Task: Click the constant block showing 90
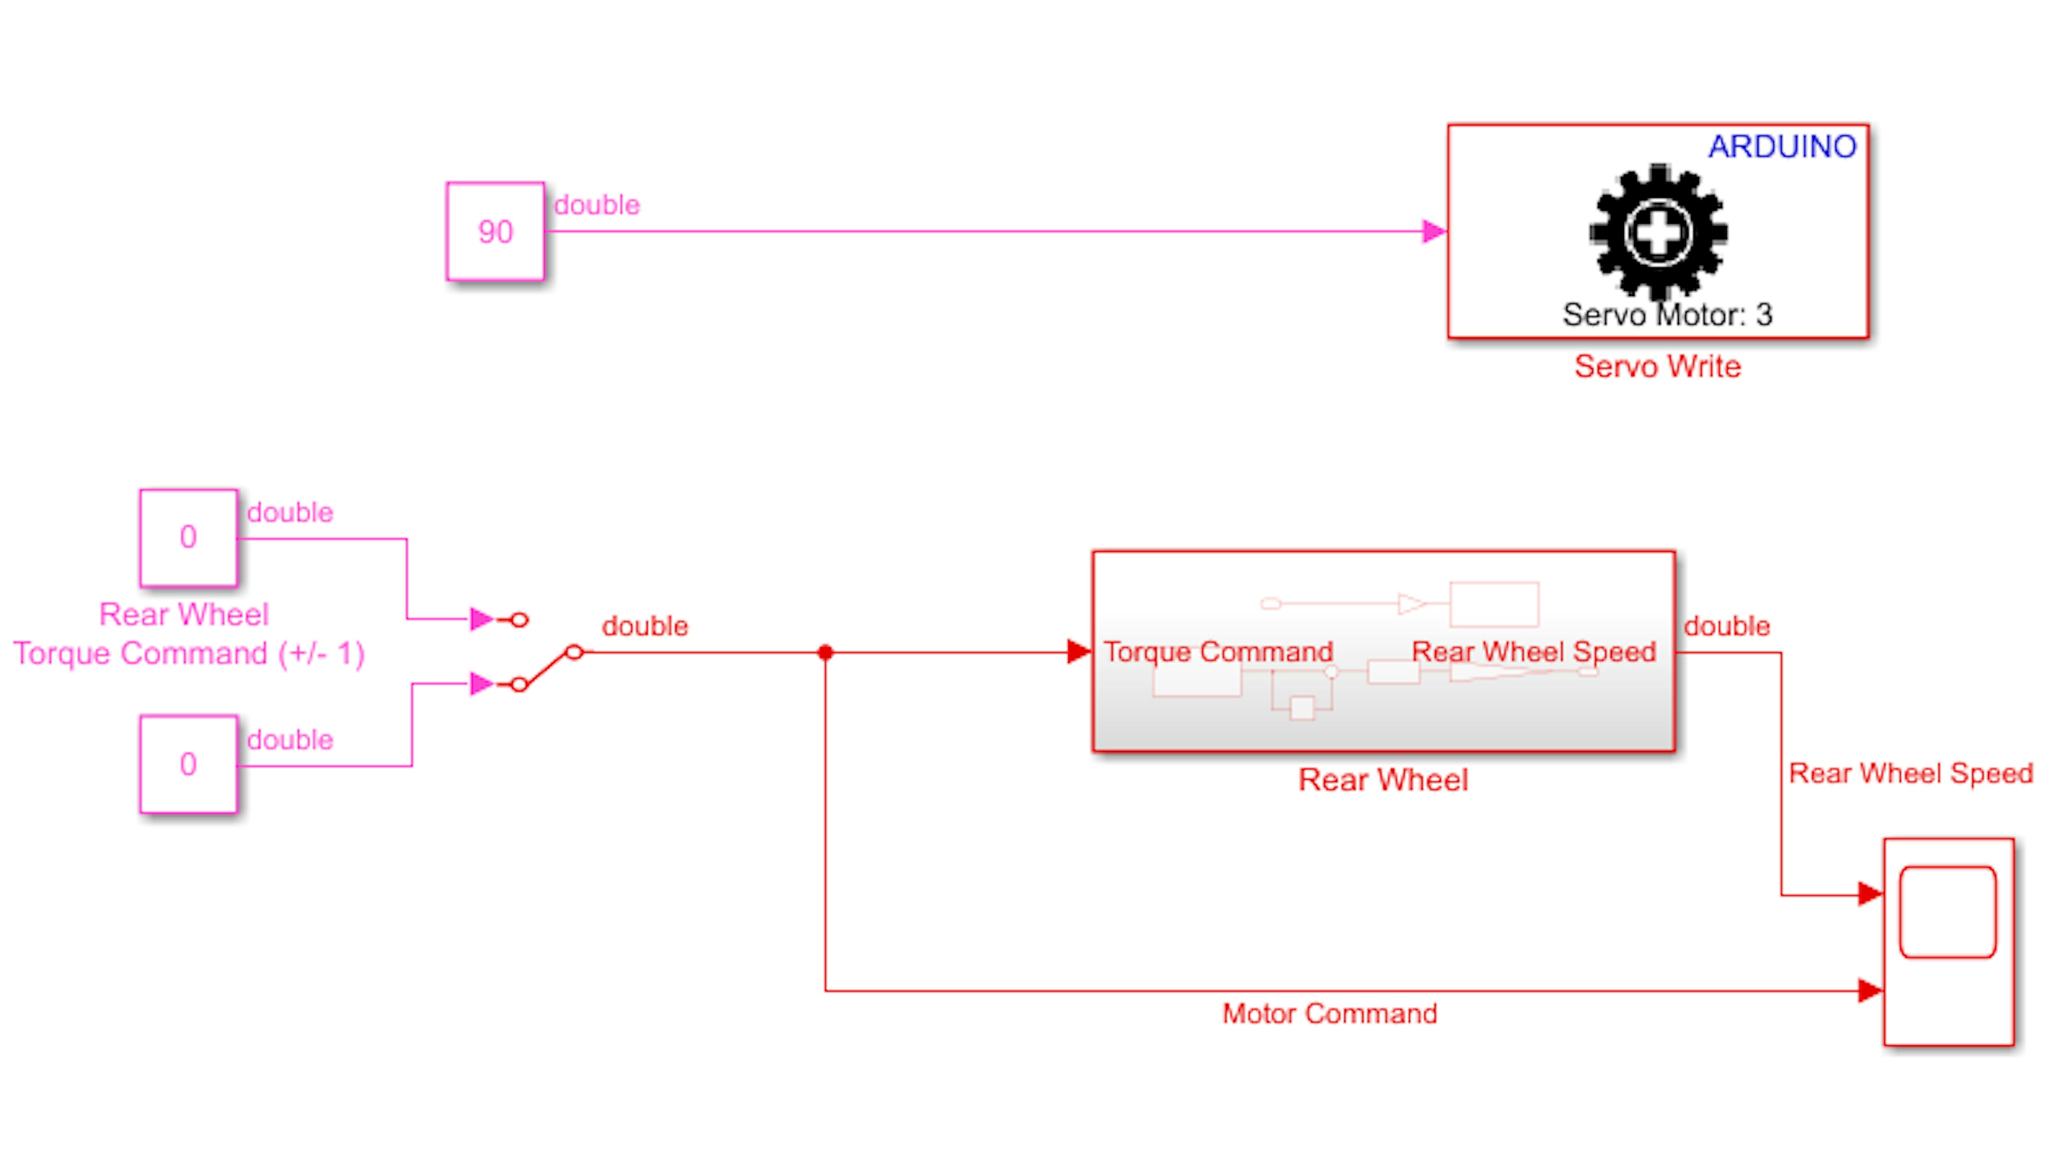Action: [x=495, y=231]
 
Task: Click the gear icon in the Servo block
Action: [x=1658, y=233]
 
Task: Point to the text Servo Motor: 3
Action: [x=1667, y=315]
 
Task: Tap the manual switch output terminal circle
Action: [x=574, y=652]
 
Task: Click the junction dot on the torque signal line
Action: [x=825, y=653]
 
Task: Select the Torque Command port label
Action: [x=1218, y=652]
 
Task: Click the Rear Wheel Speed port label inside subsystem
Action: [x=1533, y=652]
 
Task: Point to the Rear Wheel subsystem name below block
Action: [x=1384, y=780]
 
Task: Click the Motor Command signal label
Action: [x=1329, y=1014]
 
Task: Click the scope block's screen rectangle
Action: [x=1947, y=912]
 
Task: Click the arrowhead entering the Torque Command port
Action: [x=1079, y=652]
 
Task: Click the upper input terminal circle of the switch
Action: [x=519, y=620]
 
